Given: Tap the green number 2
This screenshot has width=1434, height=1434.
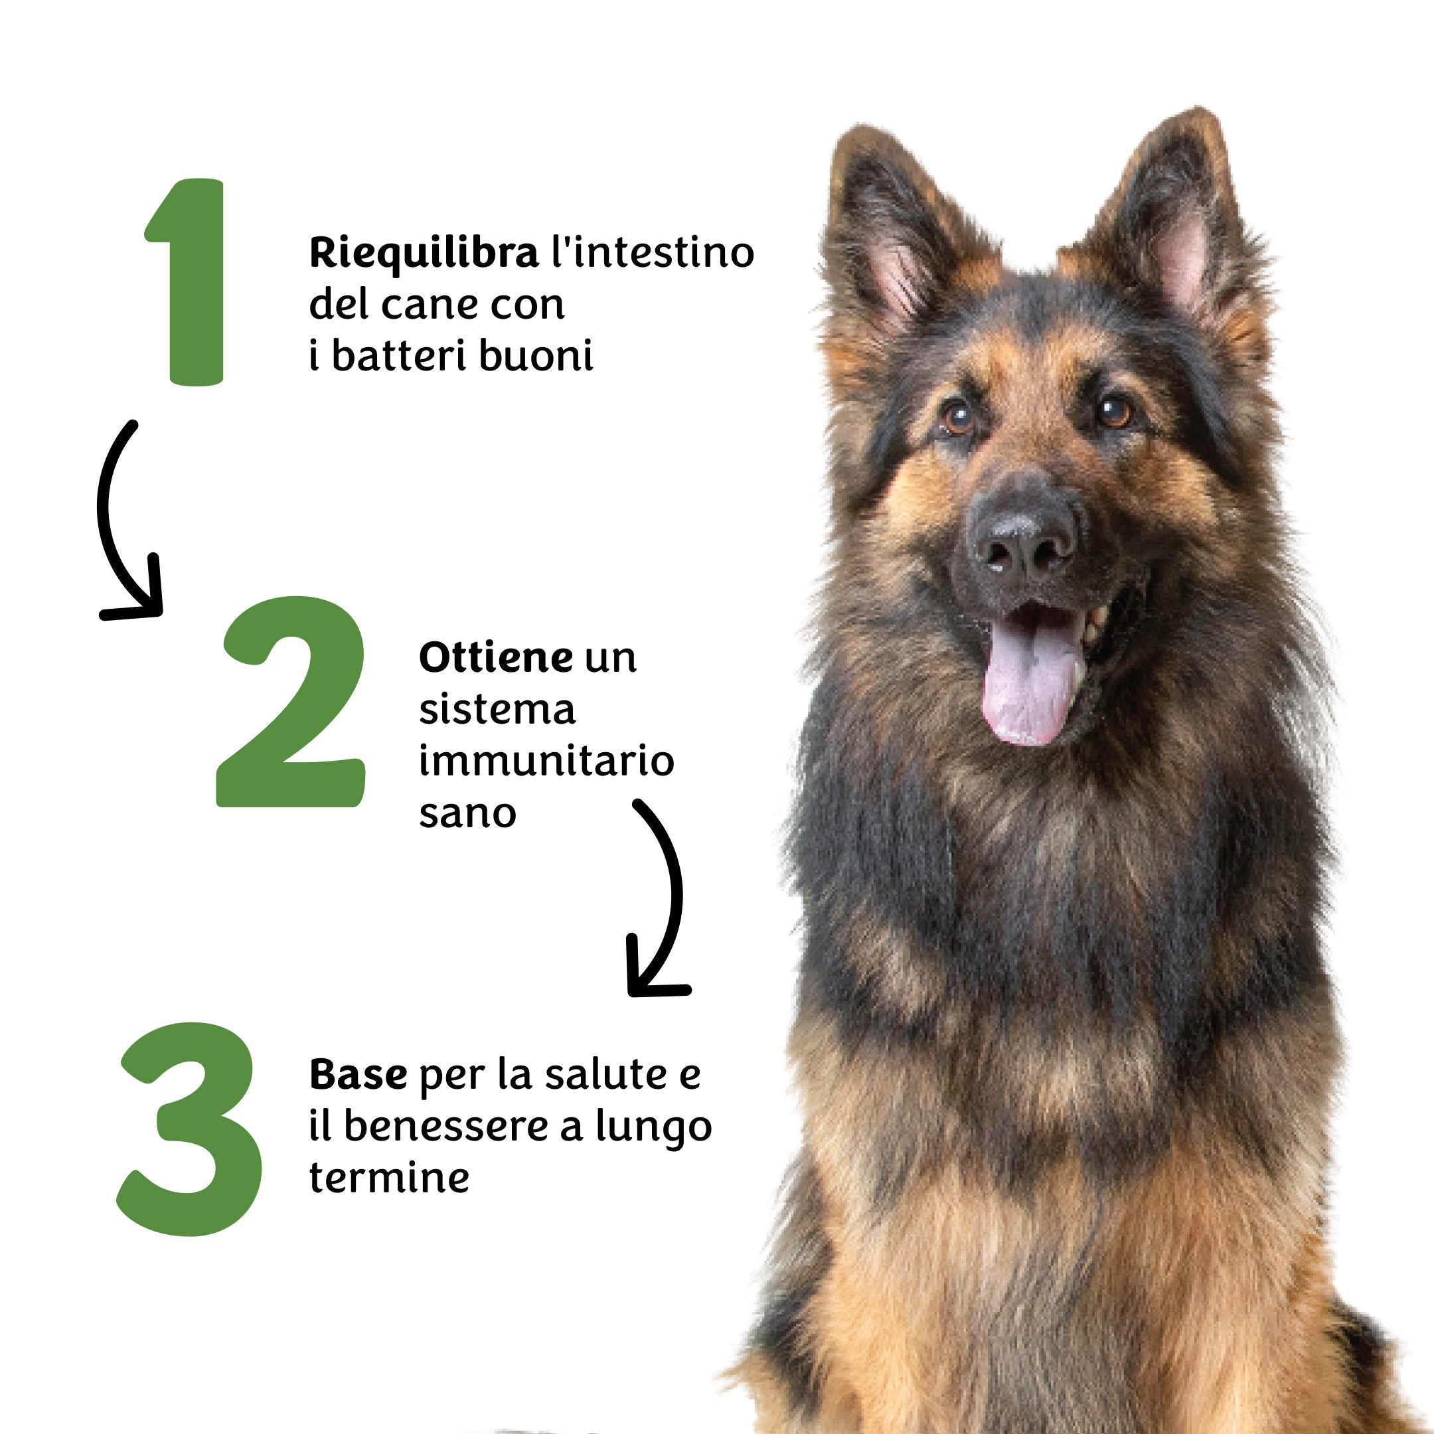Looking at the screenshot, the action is point(291,702).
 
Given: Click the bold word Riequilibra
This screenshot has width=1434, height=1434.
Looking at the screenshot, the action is point(424,254).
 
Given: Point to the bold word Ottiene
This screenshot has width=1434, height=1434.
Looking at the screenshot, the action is point(496,658).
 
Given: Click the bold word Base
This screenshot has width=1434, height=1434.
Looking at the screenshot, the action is point(358,1075).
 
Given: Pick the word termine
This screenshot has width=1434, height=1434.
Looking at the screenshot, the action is point(390,1178).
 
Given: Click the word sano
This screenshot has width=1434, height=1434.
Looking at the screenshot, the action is point(467,814).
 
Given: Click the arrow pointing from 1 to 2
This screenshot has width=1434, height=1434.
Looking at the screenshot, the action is point(112,520).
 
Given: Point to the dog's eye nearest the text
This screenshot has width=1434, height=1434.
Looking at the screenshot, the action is point(957,417).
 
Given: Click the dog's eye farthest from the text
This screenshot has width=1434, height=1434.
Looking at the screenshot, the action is point(1113,410).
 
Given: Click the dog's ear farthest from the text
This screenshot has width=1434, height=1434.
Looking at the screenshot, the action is point(1172,230).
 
